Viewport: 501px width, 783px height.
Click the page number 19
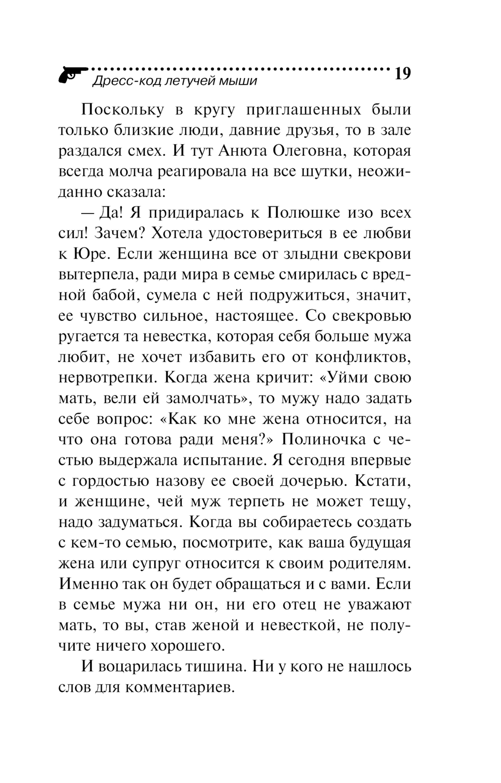coord(402,74)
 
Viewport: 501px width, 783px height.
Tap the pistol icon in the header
coord(72,76)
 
